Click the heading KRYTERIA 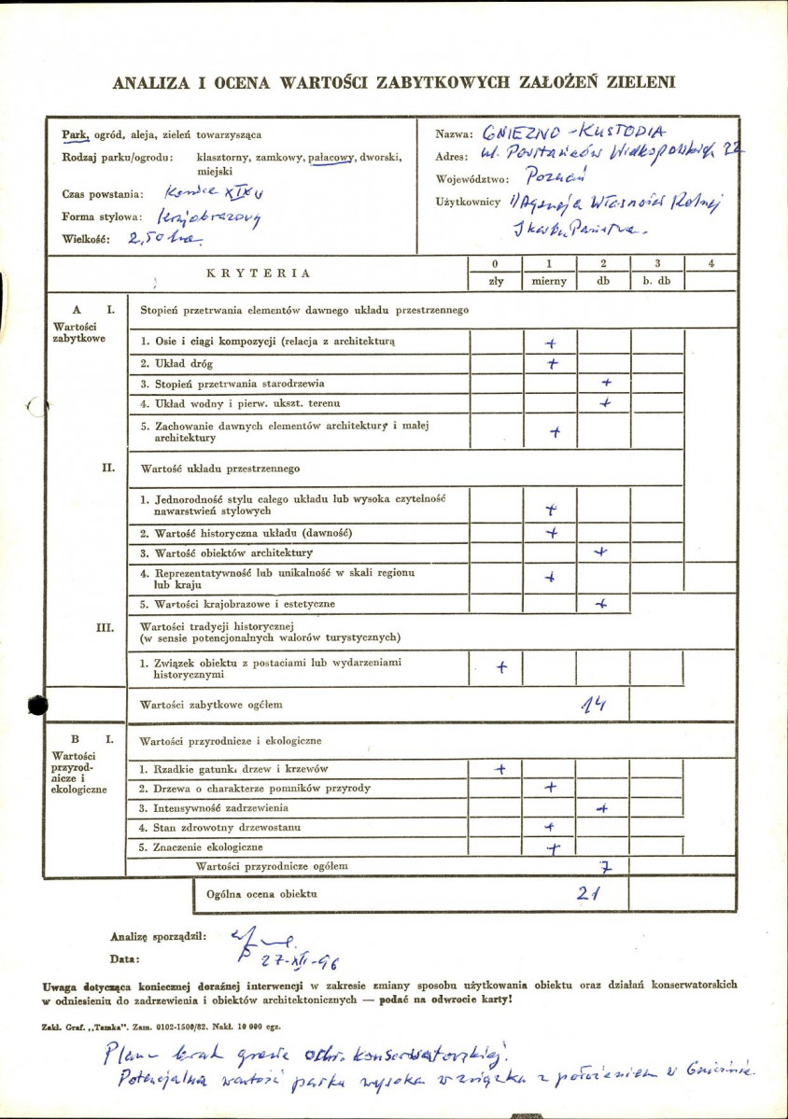coord(260,273)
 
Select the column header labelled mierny coord(549,282)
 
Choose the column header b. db coord(656,282)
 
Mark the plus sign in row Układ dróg coord(553,363)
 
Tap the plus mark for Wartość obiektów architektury coord(600,553)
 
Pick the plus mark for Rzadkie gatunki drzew coord(500,769)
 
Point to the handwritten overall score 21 coord(587,892)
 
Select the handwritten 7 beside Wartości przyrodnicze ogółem coord(605,867)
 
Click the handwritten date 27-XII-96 coord(276,958)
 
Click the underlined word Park coord(75,134)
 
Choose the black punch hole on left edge coord(37,706)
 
